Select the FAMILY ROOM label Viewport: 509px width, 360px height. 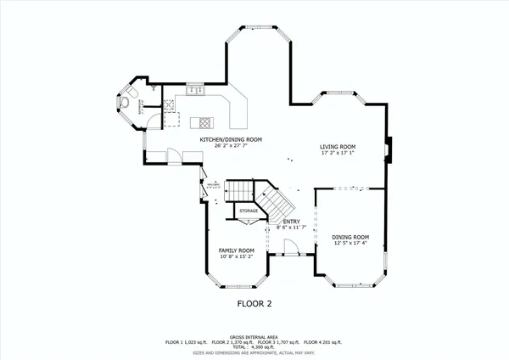point(237,250)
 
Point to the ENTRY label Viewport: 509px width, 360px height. point(291,221)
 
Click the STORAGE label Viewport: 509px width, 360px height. point(248,211)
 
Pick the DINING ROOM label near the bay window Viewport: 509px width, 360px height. point(350,237)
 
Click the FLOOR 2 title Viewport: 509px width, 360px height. point(254,302)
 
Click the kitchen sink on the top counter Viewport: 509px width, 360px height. point(194,89)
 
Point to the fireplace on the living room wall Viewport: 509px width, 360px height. point(388,149)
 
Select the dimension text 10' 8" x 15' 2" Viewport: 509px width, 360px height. point(237,257)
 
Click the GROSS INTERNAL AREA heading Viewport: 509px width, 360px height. point(254,336)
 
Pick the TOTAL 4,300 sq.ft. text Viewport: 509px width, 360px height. point(254,346)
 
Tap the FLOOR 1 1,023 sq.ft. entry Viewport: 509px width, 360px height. point(186,341)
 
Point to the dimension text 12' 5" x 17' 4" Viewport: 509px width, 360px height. point(350,244)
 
